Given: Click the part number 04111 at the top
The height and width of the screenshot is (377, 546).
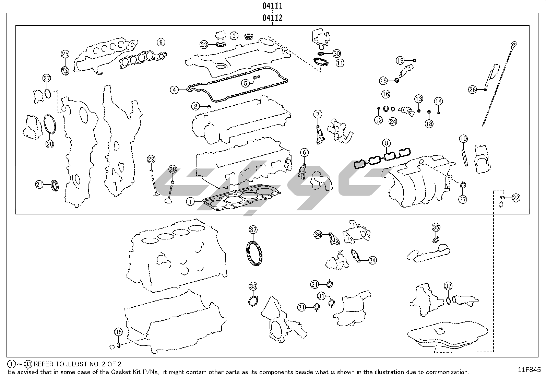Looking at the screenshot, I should (273, 6).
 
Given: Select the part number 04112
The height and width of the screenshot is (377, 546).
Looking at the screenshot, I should (273, 18).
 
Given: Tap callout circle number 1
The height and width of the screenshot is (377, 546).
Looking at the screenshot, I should (191, 202).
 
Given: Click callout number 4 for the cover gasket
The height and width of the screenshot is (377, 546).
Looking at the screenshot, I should (175, 90).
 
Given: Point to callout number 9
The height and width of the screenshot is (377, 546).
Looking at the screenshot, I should (161, 42).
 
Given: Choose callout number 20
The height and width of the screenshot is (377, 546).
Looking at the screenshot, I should (50, 144).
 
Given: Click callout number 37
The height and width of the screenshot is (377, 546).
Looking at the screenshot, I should (253, 229).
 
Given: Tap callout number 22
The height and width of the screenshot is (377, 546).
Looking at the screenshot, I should (516, 198).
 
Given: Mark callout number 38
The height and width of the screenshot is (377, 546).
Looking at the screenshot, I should (118, 332).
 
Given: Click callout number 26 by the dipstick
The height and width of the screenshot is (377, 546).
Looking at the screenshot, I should (473, 90).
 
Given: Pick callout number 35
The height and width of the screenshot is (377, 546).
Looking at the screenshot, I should (436, 227).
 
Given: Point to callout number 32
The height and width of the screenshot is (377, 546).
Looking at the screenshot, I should (448, 286).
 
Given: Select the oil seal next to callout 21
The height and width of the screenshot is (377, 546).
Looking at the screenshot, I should (55, 185).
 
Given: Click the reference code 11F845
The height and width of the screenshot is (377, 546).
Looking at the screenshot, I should (529, 369).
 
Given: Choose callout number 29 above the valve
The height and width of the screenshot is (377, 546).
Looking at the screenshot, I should (151, 159).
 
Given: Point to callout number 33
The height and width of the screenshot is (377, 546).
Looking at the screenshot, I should (253, 286).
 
